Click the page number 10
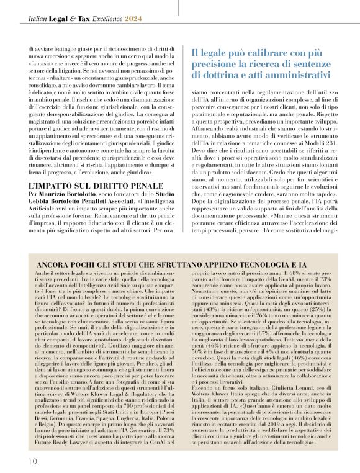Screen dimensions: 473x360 coord(32,461)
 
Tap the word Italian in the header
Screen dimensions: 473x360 coord(39,20)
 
